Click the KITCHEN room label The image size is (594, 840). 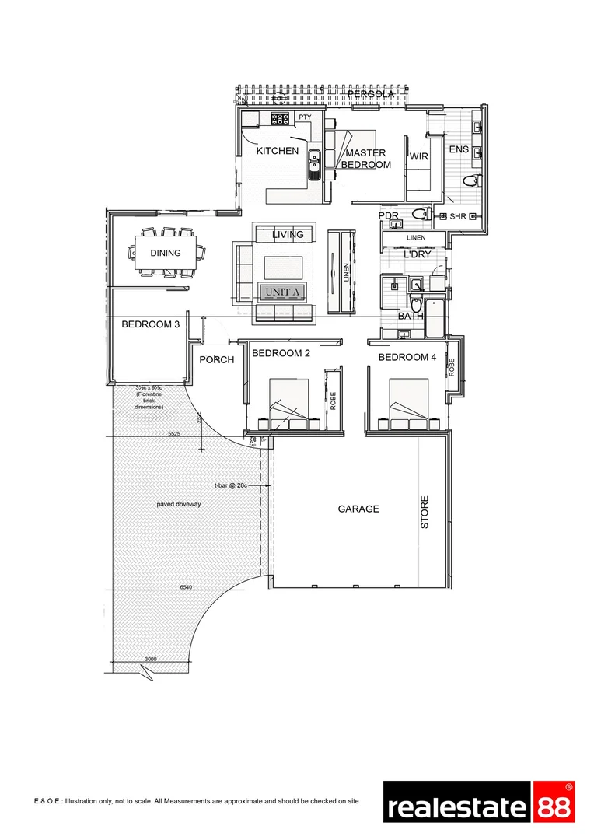(278, 151)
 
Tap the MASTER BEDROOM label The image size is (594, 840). (365, 159)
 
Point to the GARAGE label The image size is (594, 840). (358, 509)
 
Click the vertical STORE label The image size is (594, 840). (425, 513)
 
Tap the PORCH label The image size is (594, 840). (217, 360)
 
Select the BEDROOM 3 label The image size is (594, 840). (151, 325)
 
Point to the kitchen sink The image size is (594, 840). (314, 163)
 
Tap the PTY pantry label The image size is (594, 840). (305, 117)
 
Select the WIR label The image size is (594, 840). (420, 156)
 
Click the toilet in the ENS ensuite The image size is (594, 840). (470, 181)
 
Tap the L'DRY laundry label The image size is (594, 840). (416, 254)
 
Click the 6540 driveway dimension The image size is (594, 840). (187, 587)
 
